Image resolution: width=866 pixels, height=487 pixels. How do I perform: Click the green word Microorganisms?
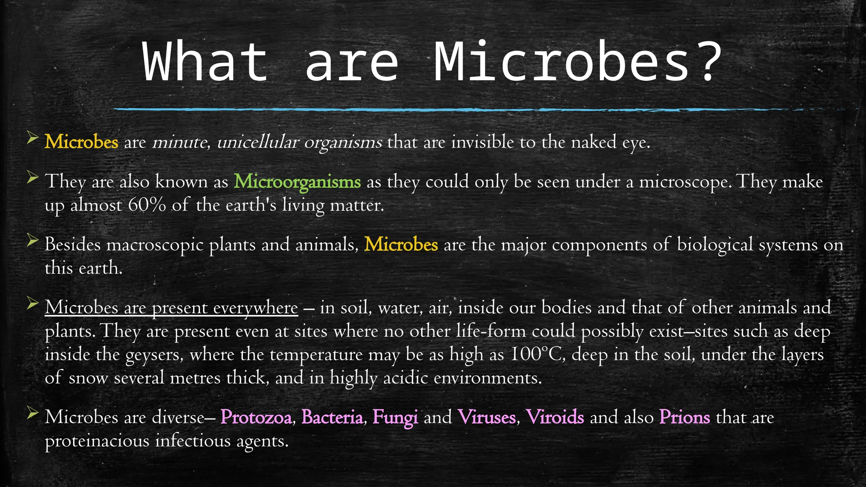point(297,182)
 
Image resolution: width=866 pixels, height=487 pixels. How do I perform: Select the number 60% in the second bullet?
point(147,205)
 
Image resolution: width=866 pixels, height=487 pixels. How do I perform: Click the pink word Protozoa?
point(256,417)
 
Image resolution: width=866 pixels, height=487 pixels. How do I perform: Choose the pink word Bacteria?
point(332,417)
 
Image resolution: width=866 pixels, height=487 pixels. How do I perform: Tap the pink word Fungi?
point(395,417)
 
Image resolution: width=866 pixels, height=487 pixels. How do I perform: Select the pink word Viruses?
point(486,417)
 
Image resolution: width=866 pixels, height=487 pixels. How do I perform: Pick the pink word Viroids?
point(555,417)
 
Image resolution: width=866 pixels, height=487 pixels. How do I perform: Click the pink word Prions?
point(685,417)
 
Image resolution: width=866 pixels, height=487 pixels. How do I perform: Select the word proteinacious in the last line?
point(97,441)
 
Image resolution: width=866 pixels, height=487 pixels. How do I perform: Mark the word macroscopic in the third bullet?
point(155,245)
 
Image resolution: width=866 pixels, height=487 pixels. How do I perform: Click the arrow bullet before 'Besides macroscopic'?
point(33,241)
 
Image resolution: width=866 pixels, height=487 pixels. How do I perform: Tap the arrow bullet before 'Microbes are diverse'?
point(33,413)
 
